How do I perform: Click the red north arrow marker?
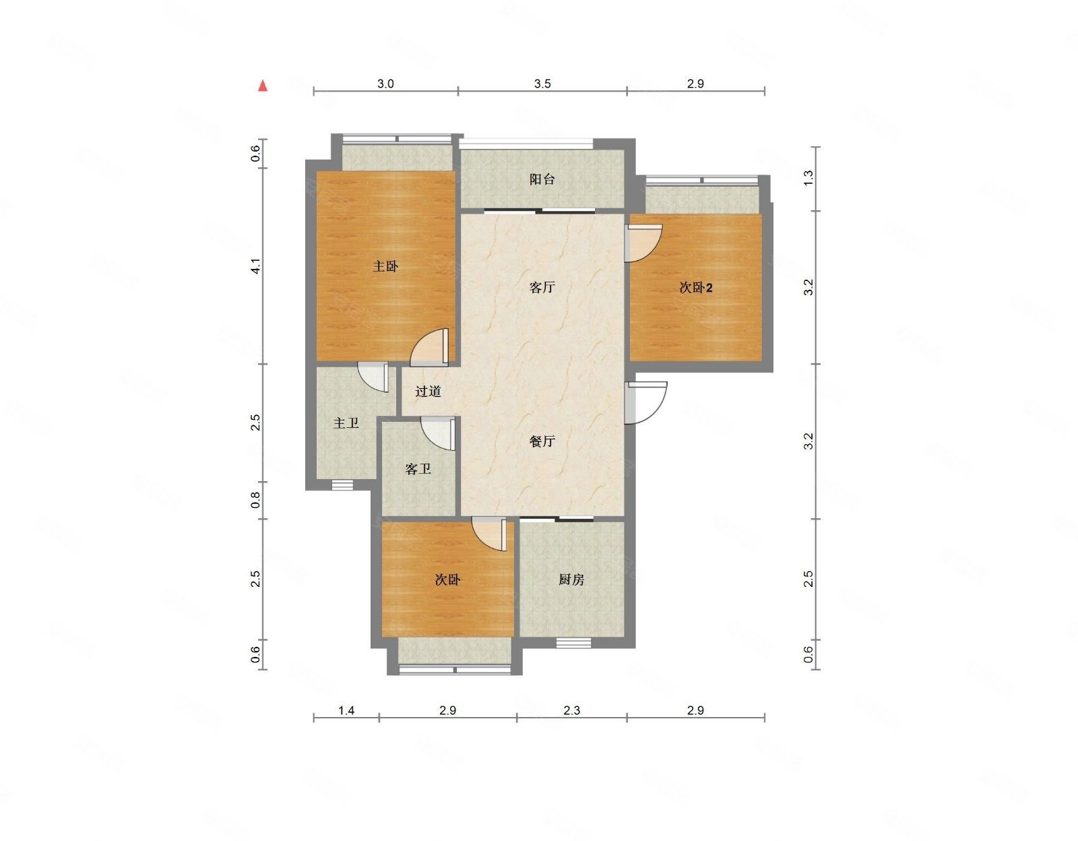[263, 86]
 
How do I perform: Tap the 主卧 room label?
[385, 266]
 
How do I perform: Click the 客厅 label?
[542, 288]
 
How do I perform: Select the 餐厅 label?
[542, 441]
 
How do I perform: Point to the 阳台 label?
[542, 179]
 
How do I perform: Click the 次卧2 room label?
[695, 288]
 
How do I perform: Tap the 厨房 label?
[571, 580]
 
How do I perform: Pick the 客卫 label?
[418, 469]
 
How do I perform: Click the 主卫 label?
[346, 423]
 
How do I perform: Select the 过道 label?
[428, 391]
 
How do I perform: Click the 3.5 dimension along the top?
[542, 84]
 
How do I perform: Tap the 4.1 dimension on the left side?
[256, 266]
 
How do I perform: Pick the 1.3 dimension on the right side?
[809, 178]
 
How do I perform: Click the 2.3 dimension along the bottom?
[571, 710]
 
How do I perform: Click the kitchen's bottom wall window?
[573, 642]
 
